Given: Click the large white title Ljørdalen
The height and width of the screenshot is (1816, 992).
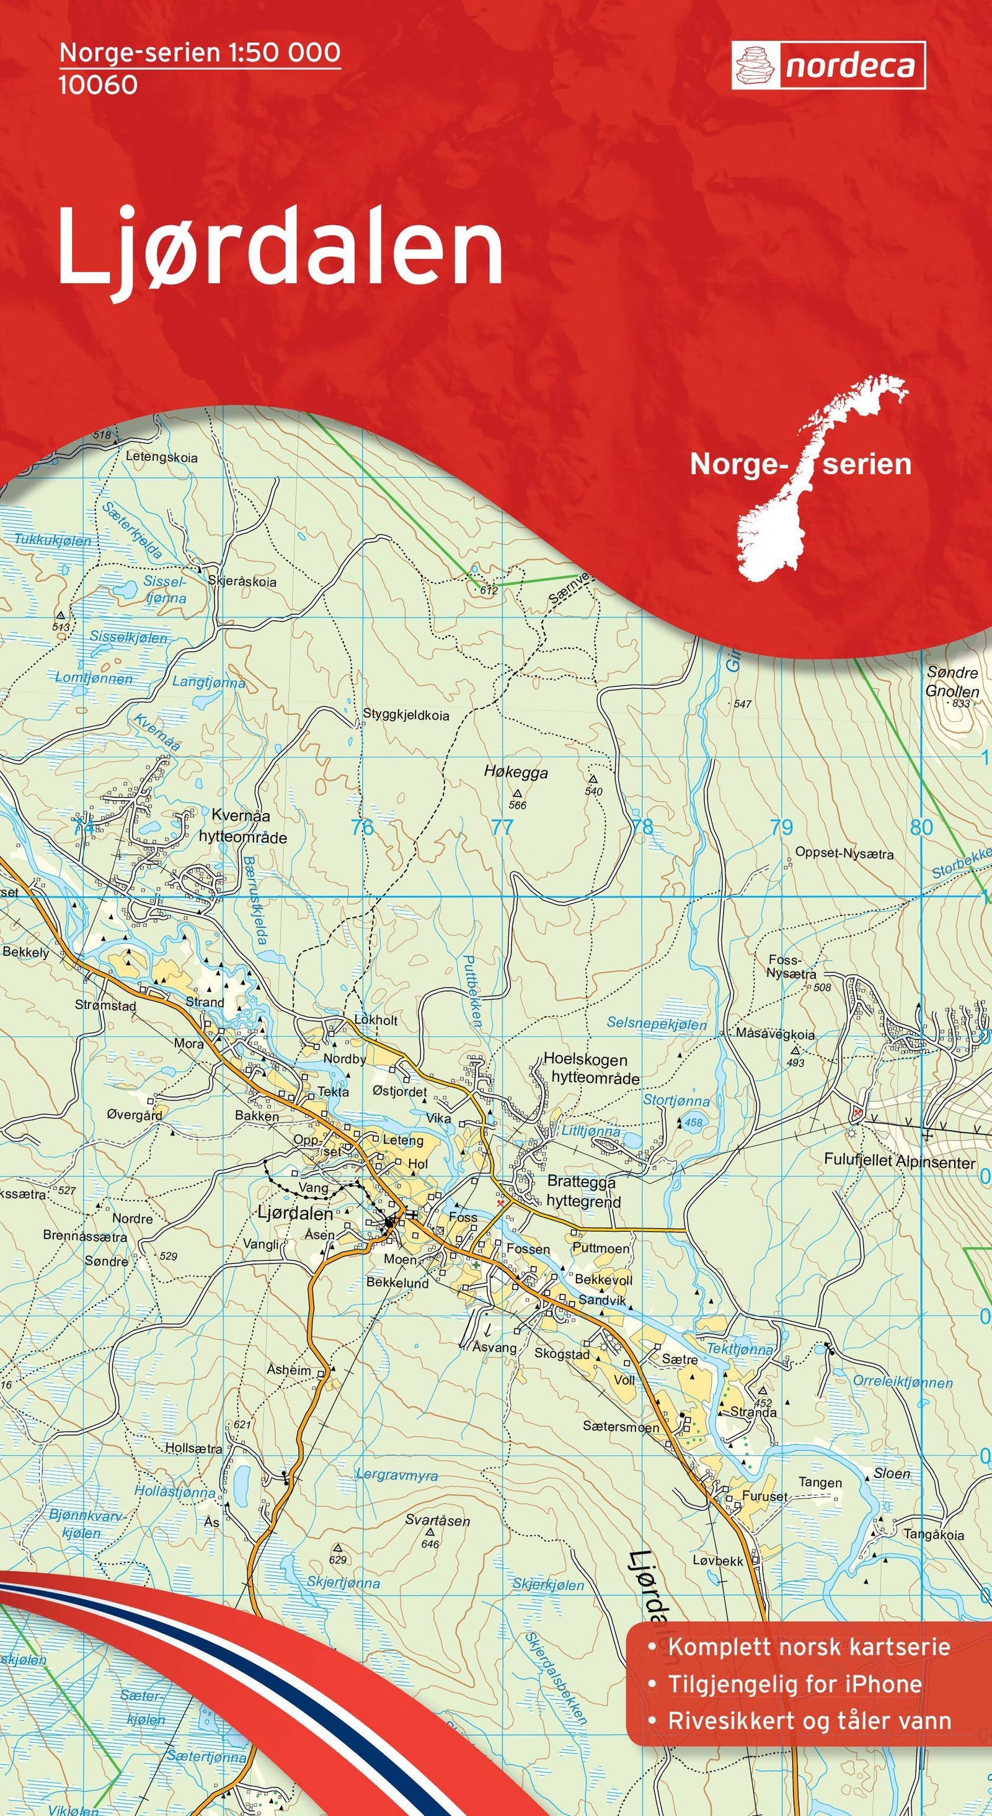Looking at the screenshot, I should click(x=280, y=246).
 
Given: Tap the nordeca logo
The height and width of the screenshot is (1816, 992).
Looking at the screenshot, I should click(x=828, y=66).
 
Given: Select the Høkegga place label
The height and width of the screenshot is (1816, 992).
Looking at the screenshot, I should click(x=516, y=772).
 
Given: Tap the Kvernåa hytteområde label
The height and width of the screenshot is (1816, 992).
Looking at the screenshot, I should click(x=242, y=826).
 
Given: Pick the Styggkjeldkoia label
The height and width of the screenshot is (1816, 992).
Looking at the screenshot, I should click(x=406, y=715).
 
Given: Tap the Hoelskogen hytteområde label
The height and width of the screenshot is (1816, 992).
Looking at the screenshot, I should click(x=590, y=1069).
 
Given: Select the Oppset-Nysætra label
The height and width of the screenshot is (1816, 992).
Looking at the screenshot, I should click(x=844, y=853).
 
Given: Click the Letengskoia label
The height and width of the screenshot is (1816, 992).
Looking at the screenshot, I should click(x=161, y=457).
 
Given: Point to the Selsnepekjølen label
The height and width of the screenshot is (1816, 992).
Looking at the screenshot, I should click(x=657, y=1023).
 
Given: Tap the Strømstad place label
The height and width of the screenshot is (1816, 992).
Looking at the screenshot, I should click(x=105, y=1005).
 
